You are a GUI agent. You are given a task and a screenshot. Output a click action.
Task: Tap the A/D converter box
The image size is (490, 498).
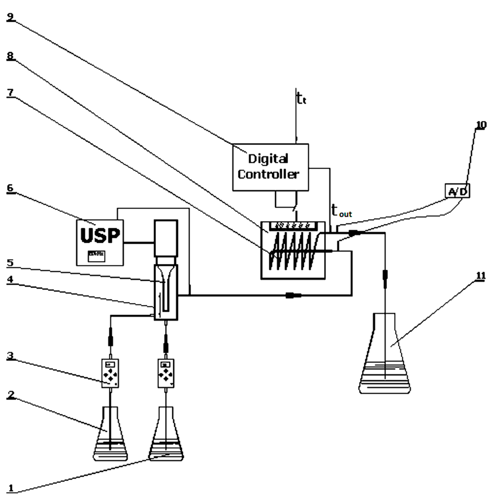click(x=457, y=191)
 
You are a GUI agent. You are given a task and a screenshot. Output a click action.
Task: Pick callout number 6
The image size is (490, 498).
click(x=11, y=188)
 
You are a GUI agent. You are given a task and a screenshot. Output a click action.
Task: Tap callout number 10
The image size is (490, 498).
click(x=480, y=125)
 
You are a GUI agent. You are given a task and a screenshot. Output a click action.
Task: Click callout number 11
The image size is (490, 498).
click(x=480, y=276)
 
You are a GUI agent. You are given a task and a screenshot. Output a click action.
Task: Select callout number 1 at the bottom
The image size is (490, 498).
click(x=11, y=488)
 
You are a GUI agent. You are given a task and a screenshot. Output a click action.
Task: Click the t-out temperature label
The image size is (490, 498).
click(x=341, y=210)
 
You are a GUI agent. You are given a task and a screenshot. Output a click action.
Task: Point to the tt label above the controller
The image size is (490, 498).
click(x=301, y=99)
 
